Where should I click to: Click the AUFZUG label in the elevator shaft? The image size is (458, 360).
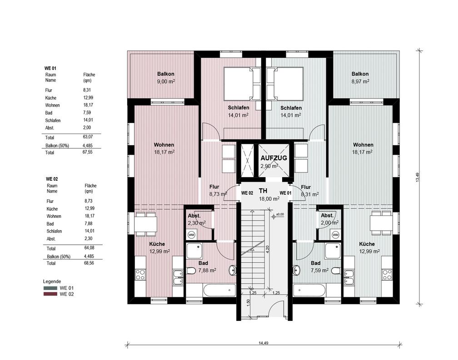274,158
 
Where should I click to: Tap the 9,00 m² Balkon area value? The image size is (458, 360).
166,81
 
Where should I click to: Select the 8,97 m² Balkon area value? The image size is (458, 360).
360,81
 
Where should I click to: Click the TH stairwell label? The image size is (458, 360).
263,191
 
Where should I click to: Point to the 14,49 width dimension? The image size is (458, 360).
263,343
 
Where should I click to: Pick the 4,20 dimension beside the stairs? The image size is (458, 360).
267,249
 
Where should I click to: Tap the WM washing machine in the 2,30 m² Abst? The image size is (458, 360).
191,235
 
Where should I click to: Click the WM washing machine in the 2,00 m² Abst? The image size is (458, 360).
336,235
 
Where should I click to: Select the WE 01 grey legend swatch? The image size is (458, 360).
50,288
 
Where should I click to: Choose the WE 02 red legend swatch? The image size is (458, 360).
50,294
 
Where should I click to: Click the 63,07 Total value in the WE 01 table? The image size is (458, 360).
87,137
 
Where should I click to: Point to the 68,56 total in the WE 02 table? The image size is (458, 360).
89,263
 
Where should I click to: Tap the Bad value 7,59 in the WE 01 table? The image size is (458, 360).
87,112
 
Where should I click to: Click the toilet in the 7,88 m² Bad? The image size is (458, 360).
191,271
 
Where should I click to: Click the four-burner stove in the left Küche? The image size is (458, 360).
140,275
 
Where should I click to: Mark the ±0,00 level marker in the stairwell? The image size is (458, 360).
277,216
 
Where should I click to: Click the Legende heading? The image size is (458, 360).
52,281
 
